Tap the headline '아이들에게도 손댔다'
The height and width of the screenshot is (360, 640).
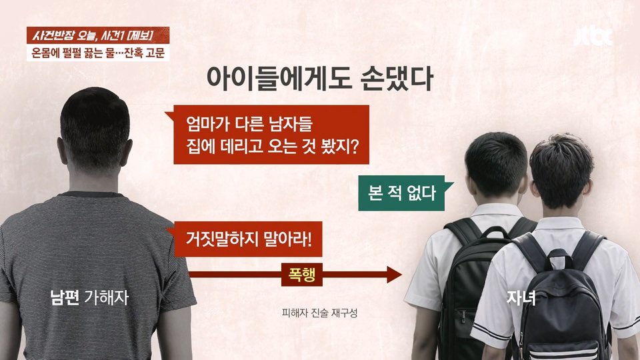(319, 78)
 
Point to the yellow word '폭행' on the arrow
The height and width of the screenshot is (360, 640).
(301, 274)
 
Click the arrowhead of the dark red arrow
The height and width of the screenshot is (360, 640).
(394, 275)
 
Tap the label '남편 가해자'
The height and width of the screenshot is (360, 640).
(89, 297)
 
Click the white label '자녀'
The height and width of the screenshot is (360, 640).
(521, 298)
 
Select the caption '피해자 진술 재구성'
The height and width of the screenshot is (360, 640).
(319, 313)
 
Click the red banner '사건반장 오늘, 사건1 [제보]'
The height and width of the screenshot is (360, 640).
(98, 35)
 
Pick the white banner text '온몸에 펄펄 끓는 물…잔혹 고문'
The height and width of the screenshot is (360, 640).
(98, 53)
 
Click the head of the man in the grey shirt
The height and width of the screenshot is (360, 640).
(95, 131)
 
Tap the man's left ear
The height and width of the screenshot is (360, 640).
(61, 151)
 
